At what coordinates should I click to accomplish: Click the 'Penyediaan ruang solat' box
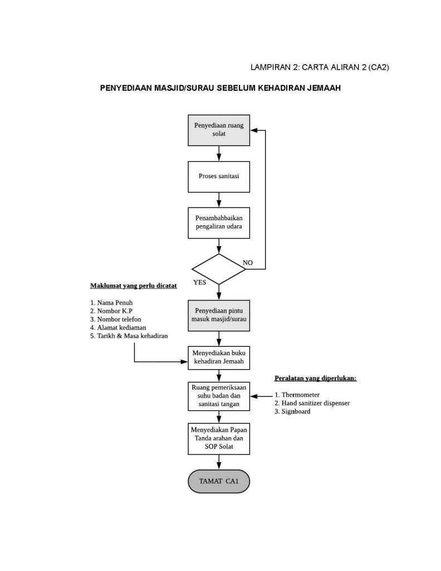click(x=219, y=130)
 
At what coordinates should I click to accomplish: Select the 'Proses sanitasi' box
click(x=219, y=176)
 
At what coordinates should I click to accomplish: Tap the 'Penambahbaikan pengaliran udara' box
click(x=219, y=222)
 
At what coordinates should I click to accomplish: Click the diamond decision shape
click(x=219, y=269)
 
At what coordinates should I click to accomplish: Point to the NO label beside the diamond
click(x=248, y=262)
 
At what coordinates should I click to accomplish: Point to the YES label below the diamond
click(x=199, y=282)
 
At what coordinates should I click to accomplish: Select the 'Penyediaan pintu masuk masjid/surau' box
click(x=219, y=315)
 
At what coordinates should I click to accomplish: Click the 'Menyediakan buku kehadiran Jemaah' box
click(x=219, y=357)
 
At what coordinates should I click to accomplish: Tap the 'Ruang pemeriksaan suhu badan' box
click(x=219, y=396)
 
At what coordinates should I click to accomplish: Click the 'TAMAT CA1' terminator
click(x=219, y=481)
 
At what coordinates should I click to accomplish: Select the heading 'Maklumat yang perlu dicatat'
click(x=133, y=286)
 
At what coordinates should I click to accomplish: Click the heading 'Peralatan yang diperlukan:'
click(x=315, y=378)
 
